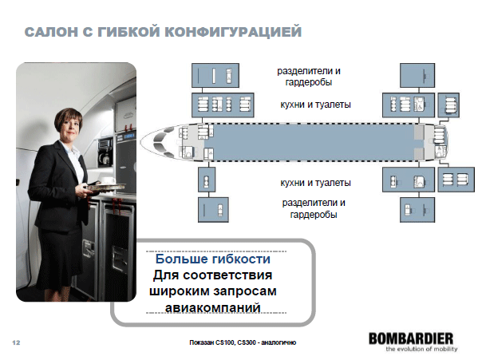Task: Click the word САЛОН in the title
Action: click(x=51, y=32)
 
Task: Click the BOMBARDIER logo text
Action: click(x=411, y=338)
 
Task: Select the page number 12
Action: click(x=16, y=342)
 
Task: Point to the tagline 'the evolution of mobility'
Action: click(x=421, y=349)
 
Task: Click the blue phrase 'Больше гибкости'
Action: click(x=213, y=259)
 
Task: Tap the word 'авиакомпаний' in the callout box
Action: click(x=213, y=307)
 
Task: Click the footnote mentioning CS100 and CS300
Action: click(x=243, y=342)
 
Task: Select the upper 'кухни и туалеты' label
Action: click(x=315, y=105)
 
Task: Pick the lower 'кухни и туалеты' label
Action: click(x=315, y=183)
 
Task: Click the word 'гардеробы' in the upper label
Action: click(x=308, y=83)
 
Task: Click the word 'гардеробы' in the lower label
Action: click(x=314, y=215)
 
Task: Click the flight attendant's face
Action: click(x=69, y=126)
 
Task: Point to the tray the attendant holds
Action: click(x=106, y=186)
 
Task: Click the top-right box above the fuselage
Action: click(x=417, y=75)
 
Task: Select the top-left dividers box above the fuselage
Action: click(x=215, y=75)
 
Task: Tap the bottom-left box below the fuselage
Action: click(x=213, y=210)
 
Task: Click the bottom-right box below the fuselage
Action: click(x=417, y=210)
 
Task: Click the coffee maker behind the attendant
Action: click(x=105, y=152)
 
